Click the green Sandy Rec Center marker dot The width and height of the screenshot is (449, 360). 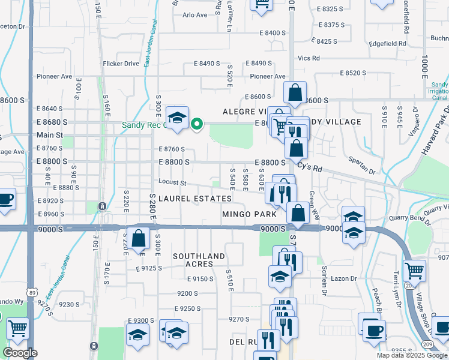196,125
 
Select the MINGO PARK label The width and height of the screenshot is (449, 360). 249,214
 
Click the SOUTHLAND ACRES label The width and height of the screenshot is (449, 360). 199,260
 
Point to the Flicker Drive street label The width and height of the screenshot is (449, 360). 121,64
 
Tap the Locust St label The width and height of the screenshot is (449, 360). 173,182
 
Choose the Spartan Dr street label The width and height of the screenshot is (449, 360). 363,165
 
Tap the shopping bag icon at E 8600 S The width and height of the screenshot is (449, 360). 295,93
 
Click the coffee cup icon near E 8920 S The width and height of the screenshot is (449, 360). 5,199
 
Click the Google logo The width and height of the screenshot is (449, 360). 20,353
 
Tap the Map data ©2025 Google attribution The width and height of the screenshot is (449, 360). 412,355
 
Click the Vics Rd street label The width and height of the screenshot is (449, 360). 309,58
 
